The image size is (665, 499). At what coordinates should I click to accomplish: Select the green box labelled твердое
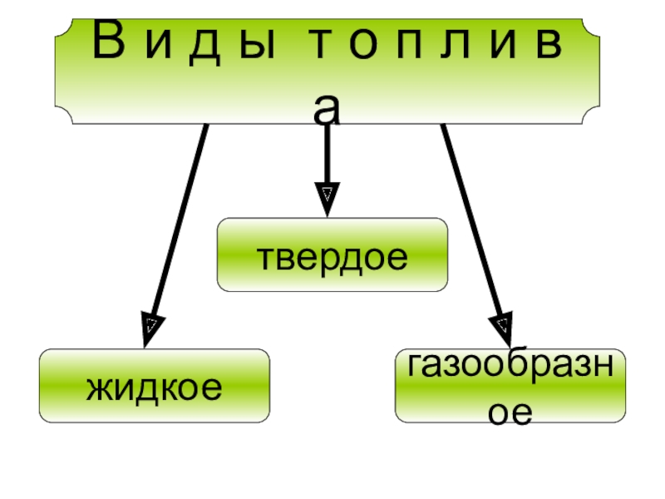click(x=332, y=255)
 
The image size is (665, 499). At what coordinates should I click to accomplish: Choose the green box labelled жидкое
click(x=155, y=385)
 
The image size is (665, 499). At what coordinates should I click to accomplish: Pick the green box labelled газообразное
click(x=510, y=386)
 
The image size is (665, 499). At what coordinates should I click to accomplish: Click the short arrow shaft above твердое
click(x=328, y=154)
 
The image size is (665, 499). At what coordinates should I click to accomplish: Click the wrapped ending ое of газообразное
click(x=510, y=413)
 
